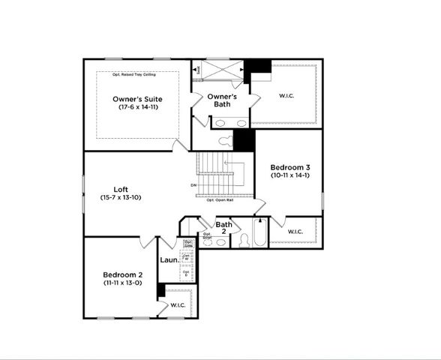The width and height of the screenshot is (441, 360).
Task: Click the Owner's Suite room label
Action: click(137, 99)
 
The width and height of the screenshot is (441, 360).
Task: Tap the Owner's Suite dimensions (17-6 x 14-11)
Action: click(137, 108)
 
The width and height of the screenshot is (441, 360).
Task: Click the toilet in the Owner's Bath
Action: click(226, 141)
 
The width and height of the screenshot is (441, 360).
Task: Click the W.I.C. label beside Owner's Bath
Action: click(286, 95)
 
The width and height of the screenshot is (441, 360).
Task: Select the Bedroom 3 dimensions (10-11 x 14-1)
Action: click(289, 175)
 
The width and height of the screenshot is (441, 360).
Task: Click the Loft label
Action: click(121, 189)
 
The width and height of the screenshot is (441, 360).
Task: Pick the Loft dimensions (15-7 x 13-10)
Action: click(121, 197)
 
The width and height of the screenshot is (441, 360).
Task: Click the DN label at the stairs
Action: click(193, 184)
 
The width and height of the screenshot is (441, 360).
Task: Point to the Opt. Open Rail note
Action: click(220, 200)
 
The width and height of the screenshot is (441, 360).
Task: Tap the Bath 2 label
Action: click(223, 228)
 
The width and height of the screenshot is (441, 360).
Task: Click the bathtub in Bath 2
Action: click(260, 233)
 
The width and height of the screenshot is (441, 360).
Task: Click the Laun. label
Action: click(169, 260)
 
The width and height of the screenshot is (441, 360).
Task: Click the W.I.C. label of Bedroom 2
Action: click(178, 305)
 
